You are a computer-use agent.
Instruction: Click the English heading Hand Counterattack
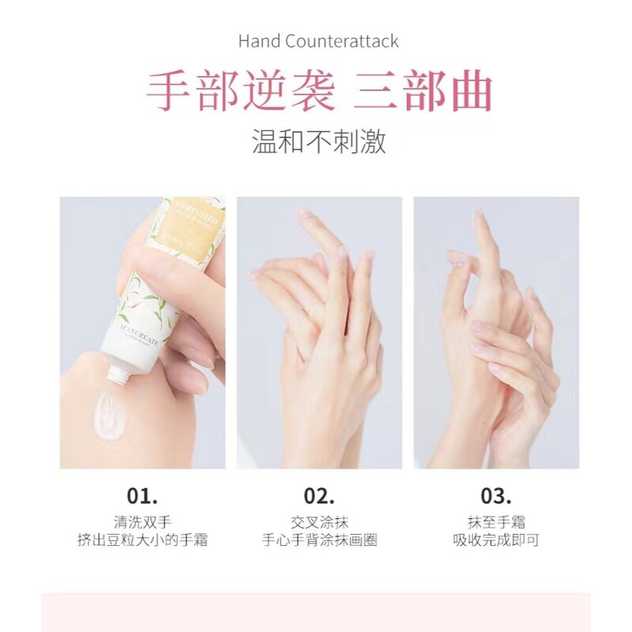[318, 41]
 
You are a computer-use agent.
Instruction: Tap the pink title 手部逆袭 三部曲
[319, 92]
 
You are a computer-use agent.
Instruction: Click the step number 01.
[142, 496]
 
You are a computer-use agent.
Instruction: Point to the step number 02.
[319, 496]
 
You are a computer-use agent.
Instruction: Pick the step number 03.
[496, 496]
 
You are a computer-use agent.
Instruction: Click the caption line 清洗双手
[142, 522]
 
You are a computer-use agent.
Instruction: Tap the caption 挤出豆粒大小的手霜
[142, 541]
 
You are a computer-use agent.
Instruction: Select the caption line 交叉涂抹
[319, 522]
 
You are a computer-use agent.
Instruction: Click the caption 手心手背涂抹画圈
[319, 541]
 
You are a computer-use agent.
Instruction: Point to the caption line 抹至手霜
[496, 522]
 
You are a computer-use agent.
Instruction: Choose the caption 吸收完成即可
[496, 541]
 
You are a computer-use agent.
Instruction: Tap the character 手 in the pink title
[167, 92]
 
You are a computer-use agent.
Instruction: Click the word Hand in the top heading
[254, 41]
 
